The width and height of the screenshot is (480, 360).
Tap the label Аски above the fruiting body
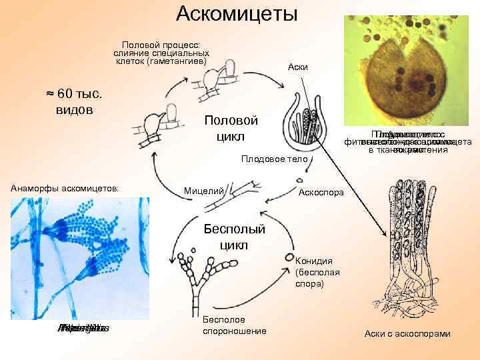(x=297, y=67)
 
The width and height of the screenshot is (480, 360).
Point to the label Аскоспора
(x=321, y=192)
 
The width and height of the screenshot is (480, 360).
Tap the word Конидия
(x=311, y=261)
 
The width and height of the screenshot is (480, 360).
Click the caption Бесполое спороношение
(x=234, y=325)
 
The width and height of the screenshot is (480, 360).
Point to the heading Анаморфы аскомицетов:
(x=64, y=189)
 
